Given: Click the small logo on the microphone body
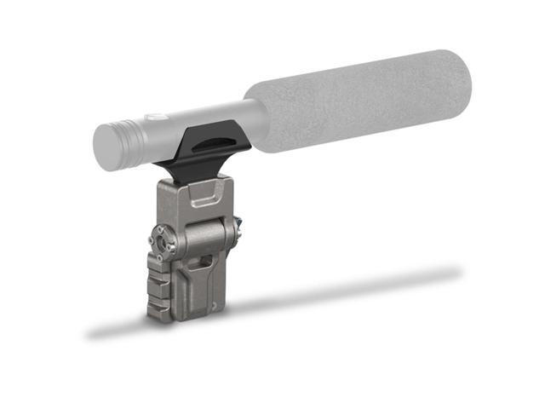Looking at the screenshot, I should tap(154, 117).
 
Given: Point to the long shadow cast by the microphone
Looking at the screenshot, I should tap(341, 290).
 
